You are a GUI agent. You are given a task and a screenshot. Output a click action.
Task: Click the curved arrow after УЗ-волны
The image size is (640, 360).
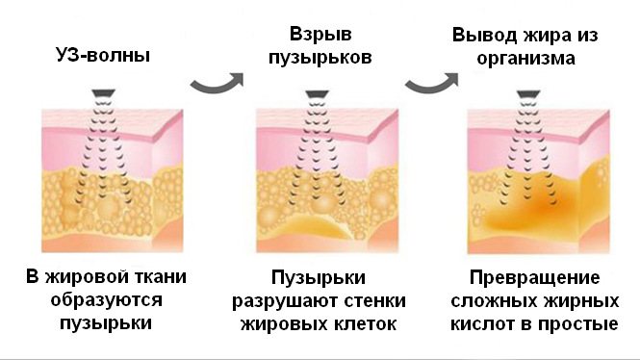tap(215, 86)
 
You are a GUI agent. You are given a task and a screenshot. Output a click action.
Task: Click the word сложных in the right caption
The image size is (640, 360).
tap(491, 300)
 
